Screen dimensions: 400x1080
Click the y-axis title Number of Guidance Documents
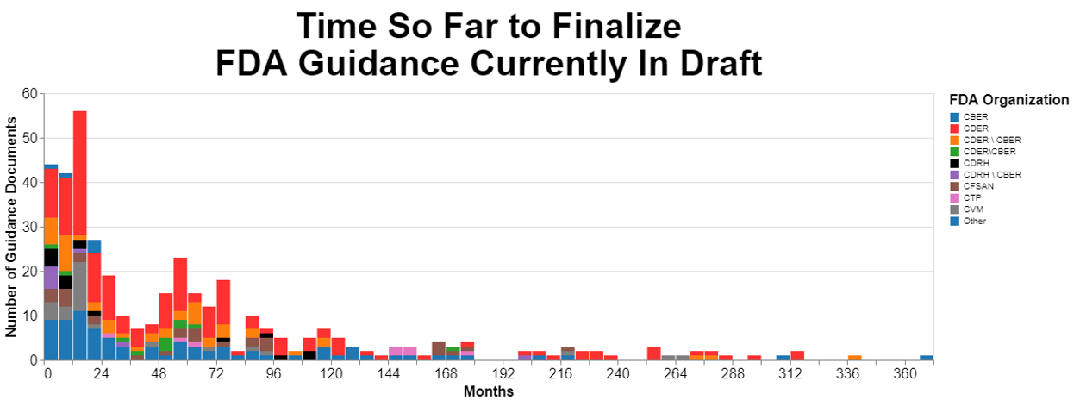coord(12,227)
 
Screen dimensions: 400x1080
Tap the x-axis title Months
coord(489,392)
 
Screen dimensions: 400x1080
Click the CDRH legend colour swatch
coord(953,163)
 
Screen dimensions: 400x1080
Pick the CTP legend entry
coord(971,197)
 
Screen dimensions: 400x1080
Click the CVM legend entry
coord(972,209)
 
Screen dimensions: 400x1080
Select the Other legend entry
coord(975,221)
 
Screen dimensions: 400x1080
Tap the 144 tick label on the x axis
coord(389,375)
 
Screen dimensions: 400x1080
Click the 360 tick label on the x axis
coord(905,375)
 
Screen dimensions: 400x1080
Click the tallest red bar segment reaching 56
coord(80,172)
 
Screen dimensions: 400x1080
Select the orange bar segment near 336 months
coord(855,358)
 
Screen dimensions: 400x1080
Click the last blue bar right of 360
coord(927,358)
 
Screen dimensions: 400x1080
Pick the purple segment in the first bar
coord(51,278)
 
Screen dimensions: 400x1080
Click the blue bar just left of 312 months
coord(783,358)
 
